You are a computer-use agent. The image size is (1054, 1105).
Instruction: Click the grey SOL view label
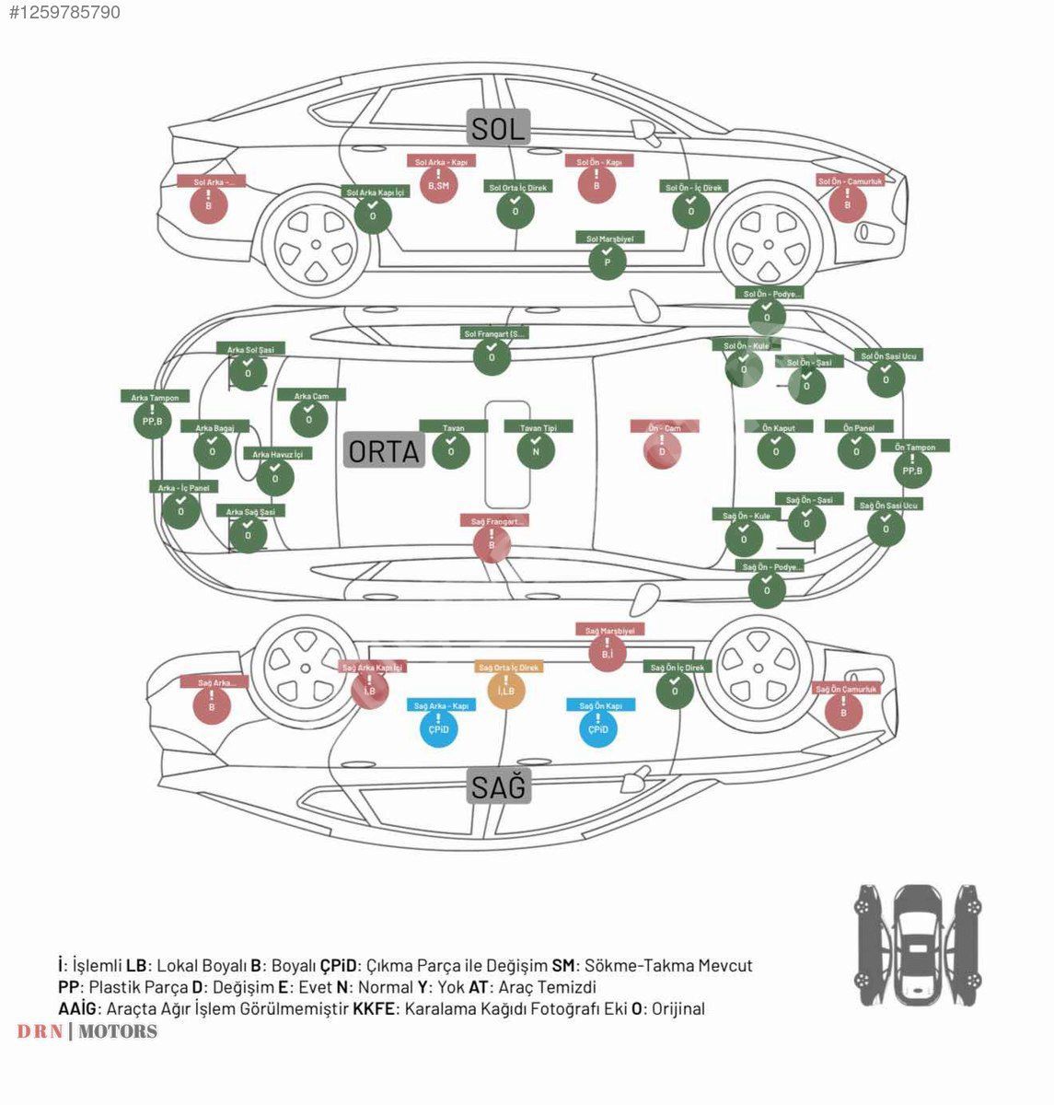tap(498, 127)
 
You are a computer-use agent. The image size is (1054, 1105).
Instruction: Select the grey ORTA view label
tap(384, 450)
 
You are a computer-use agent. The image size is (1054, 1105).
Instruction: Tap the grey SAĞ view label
tap(498, 787)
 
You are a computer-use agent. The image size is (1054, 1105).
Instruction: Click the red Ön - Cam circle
tap(661, 450)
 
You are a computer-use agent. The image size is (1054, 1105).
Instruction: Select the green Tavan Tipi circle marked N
tap(536, 450)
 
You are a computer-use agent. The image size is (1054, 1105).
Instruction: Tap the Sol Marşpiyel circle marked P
tap(607, 261)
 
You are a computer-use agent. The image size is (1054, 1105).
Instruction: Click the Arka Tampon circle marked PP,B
tap(152, 420)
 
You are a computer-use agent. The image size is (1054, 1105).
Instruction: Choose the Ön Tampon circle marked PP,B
tap(912, 470)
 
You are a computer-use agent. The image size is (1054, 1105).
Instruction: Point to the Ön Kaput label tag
tap(778, 427)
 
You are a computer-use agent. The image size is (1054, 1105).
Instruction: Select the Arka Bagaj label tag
tap(214, 427)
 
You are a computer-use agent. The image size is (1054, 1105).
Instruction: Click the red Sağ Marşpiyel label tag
tap(610, 630)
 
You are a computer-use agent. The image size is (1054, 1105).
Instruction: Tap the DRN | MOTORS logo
tap(87, 1031)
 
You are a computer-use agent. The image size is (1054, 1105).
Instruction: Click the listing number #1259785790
tap(64, 12)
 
